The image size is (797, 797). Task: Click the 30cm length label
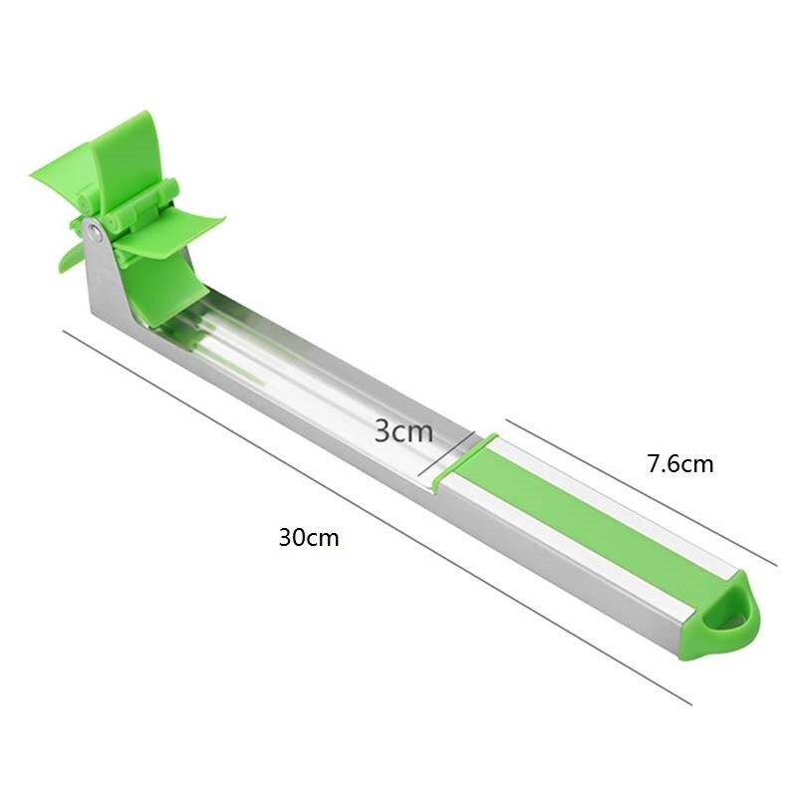[309, 538]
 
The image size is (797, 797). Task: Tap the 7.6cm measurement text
[680, 463]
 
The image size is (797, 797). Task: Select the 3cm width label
[403, 430]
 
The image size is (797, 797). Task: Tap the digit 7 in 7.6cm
[653, 463]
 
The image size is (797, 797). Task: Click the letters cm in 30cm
[324, 538]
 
